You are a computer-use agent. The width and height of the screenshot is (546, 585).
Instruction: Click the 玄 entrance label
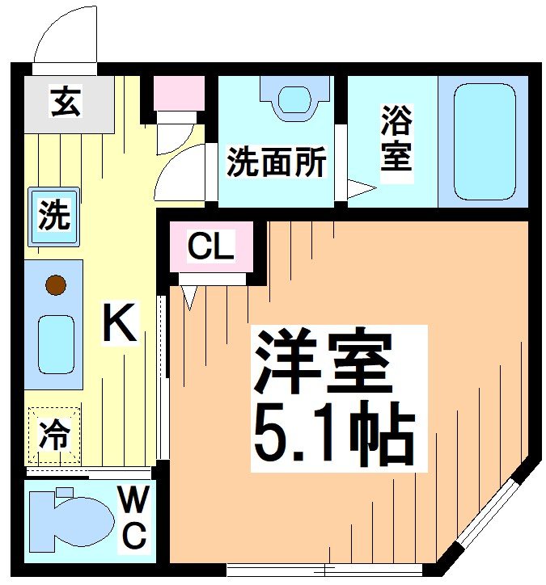[x=66, y=103]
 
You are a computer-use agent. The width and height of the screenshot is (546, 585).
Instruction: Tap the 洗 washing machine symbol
[x=54, y=217]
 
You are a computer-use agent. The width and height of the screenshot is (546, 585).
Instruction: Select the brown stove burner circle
[x=55, y=284]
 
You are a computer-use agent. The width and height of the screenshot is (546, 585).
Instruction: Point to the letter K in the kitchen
[x=118, y=323]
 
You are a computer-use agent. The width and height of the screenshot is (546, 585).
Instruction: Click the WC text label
[x=133, y=518]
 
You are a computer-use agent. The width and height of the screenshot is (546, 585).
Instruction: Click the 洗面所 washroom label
[x=275, y=162]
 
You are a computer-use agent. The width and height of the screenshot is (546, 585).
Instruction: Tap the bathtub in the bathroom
[x=484, y=141]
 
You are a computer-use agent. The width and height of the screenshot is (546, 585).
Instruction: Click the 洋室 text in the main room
[x=324, y=361]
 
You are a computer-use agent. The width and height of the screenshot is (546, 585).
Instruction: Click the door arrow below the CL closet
[x=190, y=297]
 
